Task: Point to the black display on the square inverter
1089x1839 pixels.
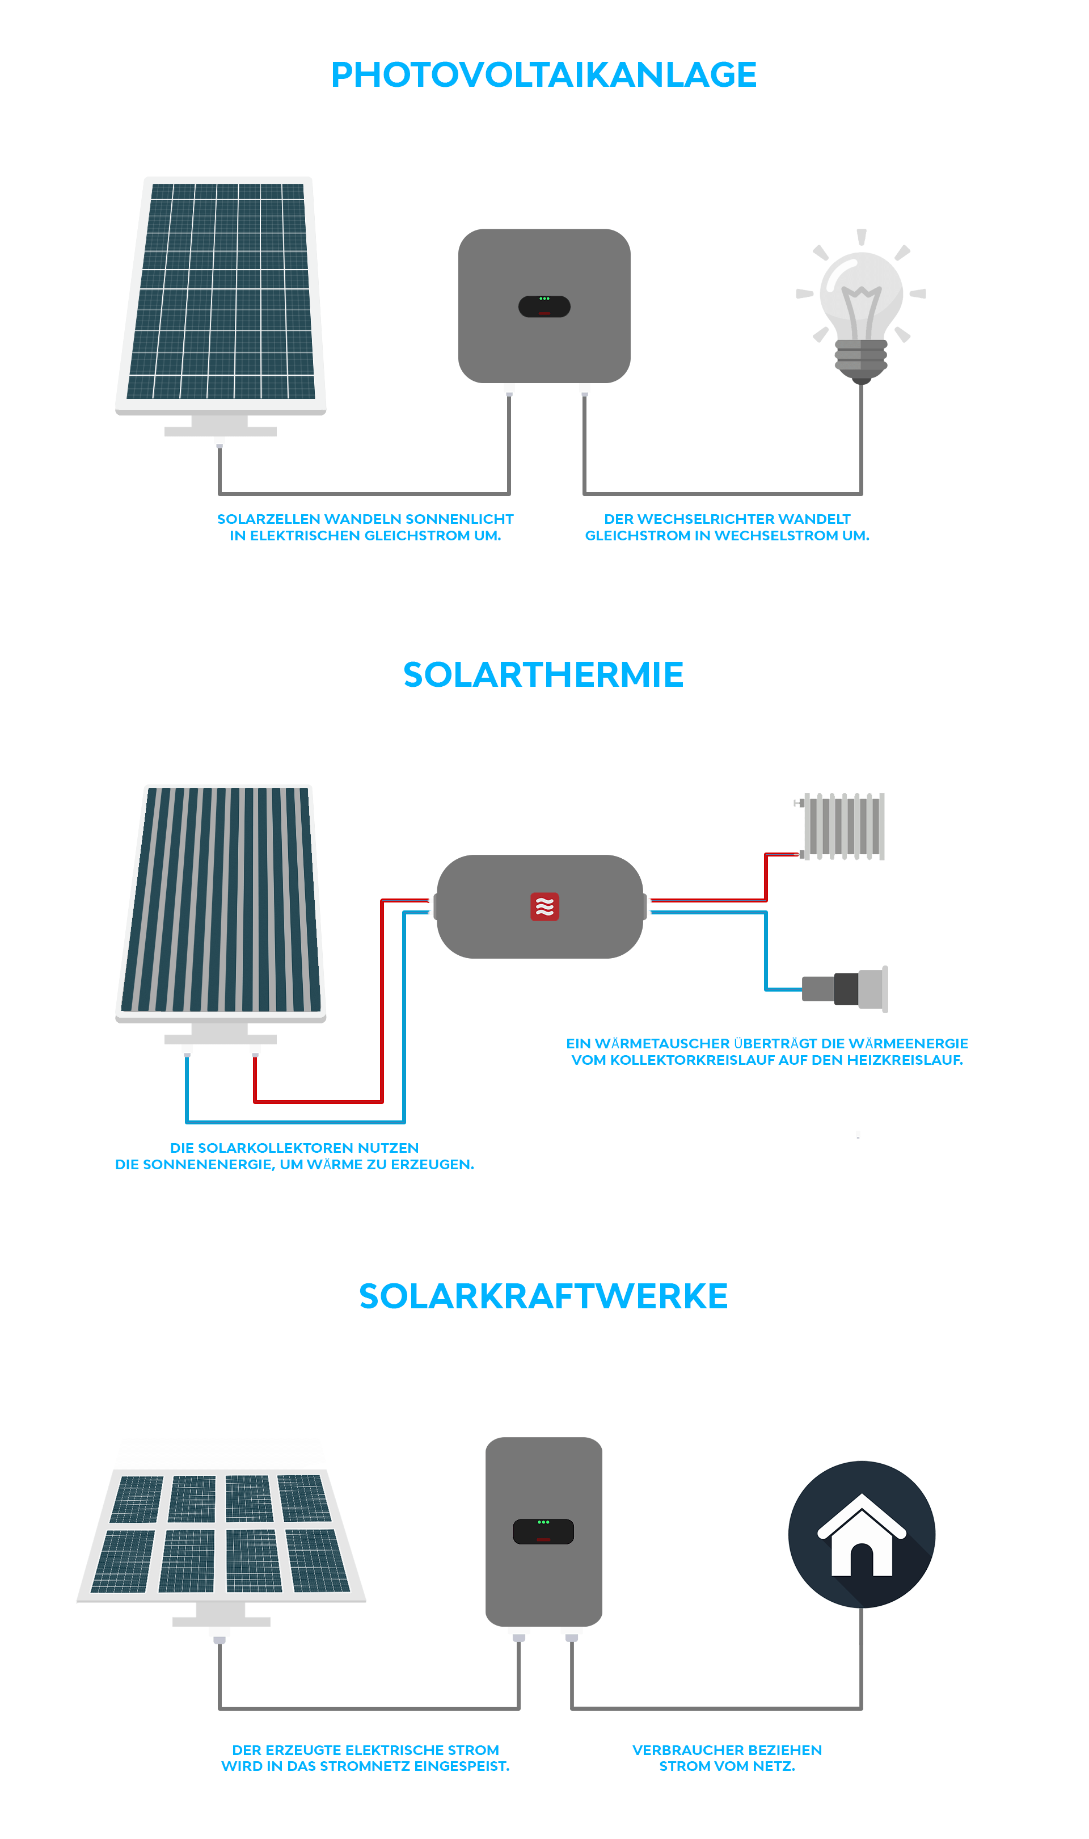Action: [544, 306]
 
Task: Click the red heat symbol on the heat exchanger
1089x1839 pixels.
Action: [544, 906]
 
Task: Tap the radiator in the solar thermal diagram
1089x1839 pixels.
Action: [844, 826]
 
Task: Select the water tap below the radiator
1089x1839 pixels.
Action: [847, 989]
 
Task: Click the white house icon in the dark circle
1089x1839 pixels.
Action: [862, 1537]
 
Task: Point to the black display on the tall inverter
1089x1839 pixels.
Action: [543, 1532]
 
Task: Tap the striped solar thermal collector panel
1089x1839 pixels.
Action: [221, 899]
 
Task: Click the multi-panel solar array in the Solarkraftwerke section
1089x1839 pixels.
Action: [221, 1534]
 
